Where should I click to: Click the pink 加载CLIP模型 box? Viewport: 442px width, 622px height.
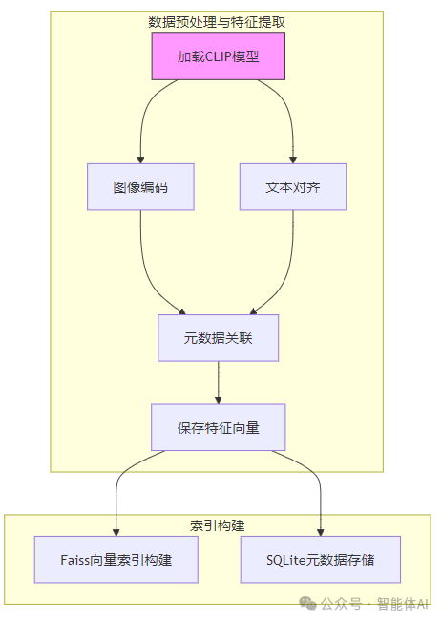pyautogui.click(x=218, y=56)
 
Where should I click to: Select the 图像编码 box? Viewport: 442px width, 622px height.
pyautogui.click(x=140, y=187)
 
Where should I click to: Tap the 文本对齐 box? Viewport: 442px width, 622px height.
pyautogui.click(x=292, y=187)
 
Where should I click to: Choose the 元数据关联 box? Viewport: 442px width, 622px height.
pyautogui.click(x=218, y=338)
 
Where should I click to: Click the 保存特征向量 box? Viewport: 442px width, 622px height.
pyautogui.click(x=218, y=427)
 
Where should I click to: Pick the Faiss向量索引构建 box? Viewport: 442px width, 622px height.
pyautogui.click(x=116, y=559)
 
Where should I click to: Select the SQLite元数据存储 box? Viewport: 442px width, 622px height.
pyautogui.click(x=320, y=559)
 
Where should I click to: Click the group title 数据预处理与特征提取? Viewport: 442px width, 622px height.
pyautogui.click(x=218, y=22)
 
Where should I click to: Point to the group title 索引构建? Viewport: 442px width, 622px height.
pyautogui.click(x=218, y=525)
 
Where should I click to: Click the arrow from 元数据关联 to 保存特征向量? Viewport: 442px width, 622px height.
pyautogui.click(x=219, y=382)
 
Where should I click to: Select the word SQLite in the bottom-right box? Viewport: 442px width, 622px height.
pyautogui.click(x=286, y=559)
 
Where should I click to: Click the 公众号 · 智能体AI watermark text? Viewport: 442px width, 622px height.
pyautogui.click(x=374, y=604)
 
